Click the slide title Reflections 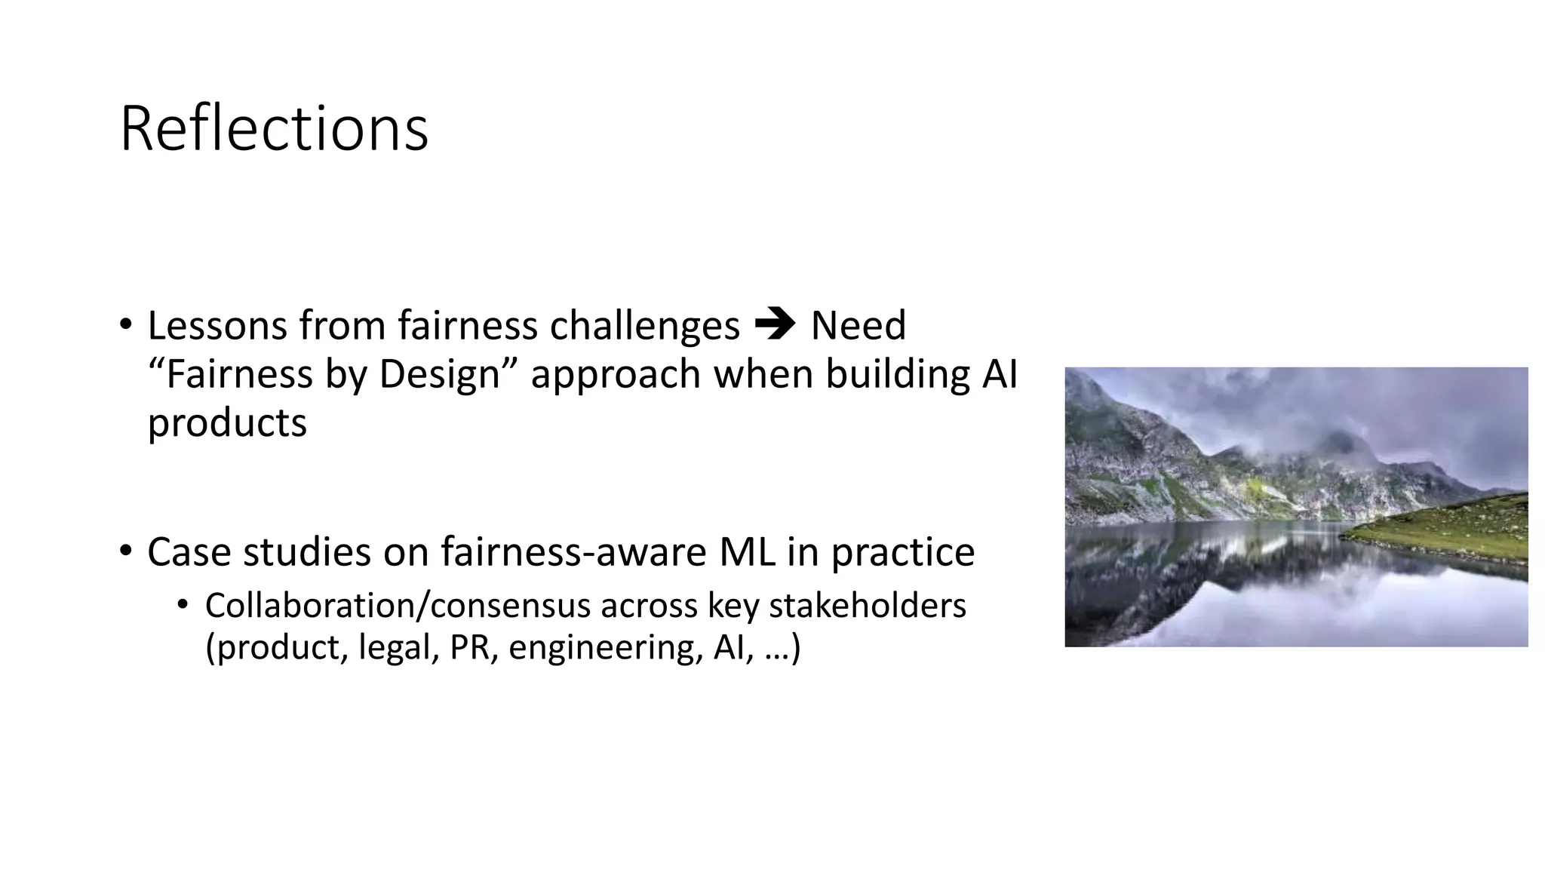pyautogui.click(x=274, y=129)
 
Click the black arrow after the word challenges pyautogui.click(x=774, y=326)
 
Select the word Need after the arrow pyautogui.click(x=858, y=326)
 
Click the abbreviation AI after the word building pyautogui.click(x=1000, y=374)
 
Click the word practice pyautogui.click(x=902, y=553)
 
